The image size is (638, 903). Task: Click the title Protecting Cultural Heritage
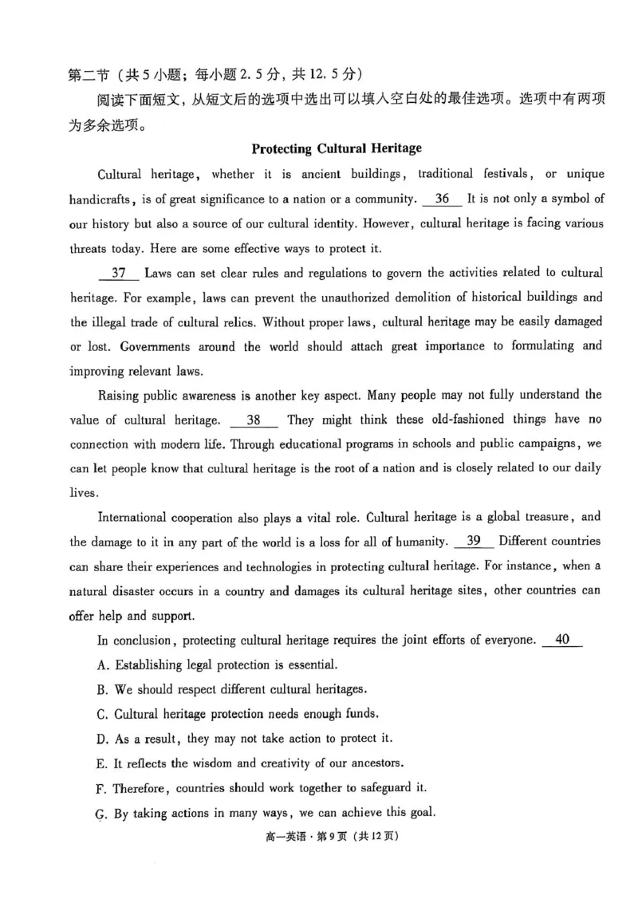coord(336,148)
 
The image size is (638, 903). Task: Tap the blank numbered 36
coord(443,199)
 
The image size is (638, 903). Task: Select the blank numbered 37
coord(119,273)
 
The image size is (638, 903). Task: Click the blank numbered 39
coord(474,542)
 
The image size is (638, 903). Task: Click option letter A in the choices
coord(101,664)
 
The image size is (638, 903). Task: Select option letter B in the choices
coord(101,689)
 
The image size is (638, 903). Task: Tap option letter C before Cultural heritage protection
coord(101,714)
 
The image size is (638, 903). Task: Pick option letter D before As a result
coord(101,739)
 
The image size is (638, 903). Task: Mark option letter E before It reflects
coord(101,763)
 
